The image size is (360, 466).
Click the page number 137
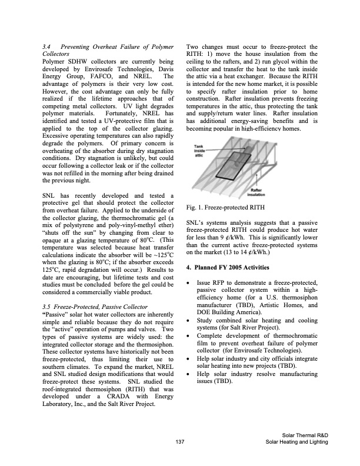tap(179, 442)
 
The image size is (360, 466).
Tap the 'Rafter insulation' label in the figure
tap(256, 194)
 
